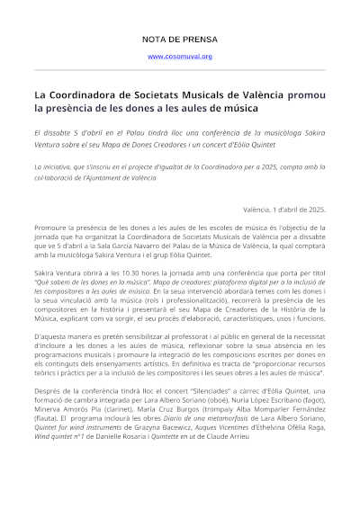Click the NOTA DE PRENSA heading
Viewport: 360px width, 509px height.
point(179,40)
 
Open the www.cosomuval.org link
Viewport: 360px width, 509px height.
point(179,57)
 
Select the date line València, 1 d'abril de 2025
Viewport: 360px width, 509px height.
point(284,209)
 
